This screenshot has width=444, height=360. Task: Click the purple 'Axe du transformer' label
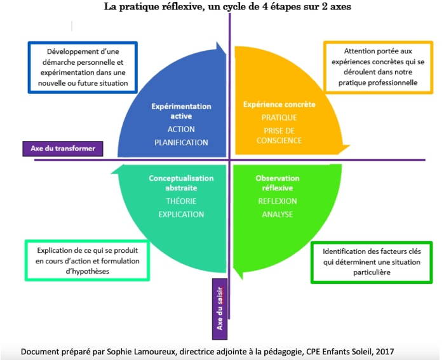tap(63, 149)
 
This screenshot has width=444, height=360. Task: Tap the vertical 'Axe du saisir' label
tap(220, 309)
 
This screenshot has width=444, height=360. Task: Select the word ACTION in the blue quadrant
tap(181, 130)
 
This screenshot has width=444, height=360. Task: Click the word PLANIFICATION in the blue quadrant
tap(181, 142)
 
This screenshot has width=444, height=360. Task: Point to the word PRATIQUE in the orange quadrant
tap(279, 117)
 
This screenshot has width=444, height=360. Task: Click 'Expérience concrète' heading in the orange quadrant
tap(279, 104)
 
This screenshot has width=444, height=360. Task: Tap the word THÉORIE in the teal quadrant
tap(181, 201)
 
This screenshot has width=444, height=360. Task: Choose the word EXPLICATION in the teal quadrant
tap(181, 214)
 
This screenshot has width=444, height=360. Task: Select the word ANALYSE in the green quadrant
tap(278, 214)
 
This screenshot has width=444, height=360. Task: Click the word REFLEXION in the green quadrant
tap(278, 201)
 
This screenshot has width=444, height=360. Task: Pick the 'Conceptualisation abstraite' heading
tap(181, 183)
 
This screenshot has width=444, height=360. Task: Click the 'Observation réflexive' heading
tap(278, 183)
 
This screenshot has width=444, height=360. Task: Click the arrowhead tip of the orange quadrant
tap(350, 146)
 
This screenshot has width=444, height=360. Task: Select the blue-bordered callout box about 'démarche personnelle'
tap(83, 67)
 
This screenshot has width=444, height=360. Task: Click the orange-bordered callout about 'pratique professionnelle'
tap(379, 67)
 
